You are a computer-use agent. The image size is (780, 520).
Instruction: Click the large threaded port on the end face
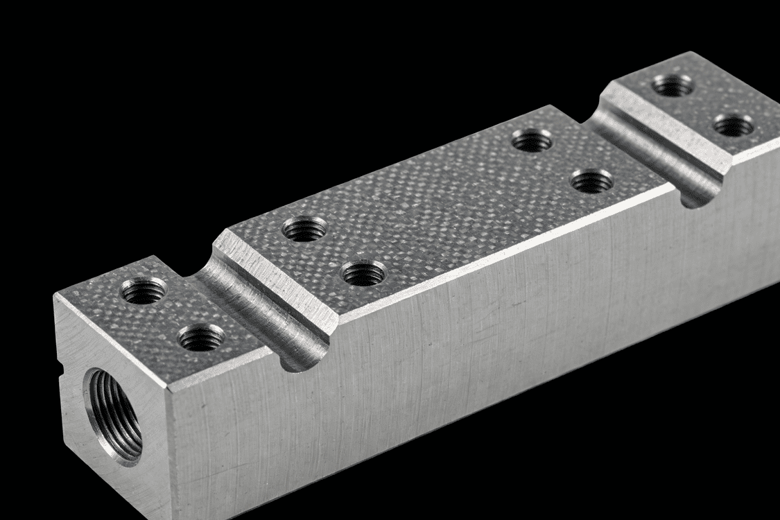[114, 415]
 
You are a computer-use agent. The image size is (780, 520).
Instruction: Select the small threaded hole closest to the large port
[144, 291]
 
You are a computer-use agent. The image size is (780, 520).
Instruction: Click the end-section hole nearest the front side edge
[201, 338]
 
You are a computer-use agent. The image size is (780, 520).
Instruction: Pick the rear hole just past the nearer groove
[305, 229]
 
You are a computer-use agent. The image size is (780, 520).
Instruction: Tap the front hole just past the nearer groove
[364, 273]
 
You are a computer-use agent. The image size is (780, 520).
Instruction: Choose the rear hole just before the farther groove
[532, 141]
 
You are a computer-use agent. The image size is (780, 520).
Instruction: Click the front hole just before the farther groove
[591, 182]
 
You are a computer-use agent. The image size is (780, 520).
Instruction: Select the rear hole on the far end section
[673, 85]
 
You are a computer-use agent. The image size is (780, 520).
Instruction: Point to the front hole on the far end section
[733, 125]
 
